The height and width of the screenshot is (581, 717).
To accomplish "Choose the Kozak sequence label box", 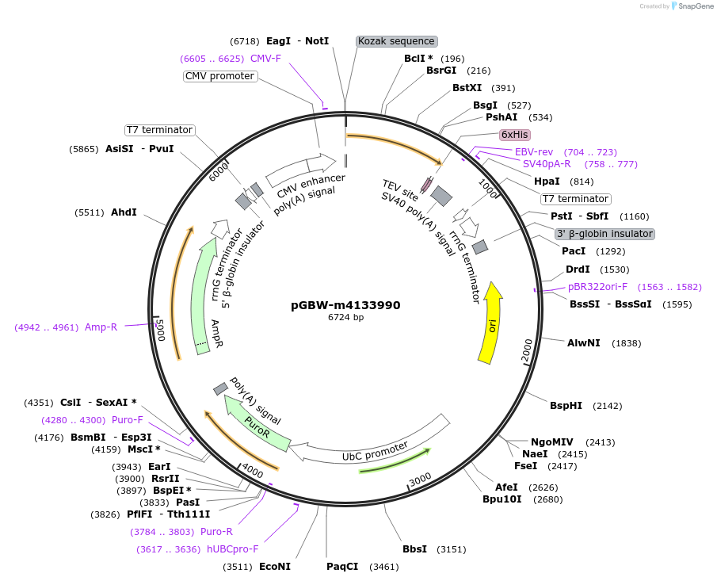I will [396, 41].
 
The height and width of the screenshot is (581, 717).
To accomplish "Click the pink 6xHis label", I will [514, 135].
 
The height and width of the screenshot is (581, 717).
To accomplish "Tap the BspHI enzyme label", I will [566, 406].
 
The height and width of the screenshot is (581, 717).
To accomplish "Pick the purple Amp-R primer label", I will [101, 327].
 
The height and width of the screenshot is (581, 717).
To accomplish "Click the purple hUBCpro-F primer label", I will [232, 549].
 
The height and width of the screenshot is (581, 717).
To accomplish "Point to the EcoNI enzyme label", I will [275, 567].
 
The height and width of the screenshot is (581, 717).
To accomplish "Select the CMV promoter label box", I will [219, 76].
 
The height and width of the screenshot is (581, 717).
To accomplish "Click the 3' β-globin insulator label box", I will [604, 234].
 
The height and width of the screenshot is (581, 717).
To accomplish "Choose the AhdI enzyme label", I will [124, 212].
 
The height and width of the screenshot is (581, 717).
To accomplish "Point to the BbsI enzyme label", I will [414, 549].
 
